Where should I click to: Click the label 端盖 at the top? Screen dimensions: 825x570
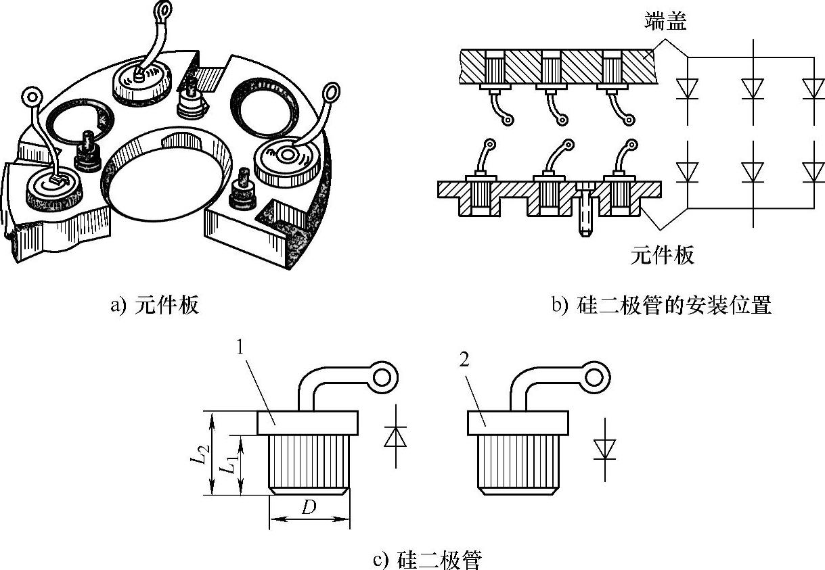665,21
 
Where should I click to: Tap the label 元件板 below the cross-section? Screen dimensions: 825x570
662,255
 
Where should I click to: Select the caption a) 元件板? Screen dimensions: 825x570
155,304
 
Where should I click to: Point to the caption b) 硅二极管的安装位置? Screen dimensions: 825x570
662,304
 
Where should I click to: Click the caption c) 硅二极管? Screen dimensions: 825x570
427,559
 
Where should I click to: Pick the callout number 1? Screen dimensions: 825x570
240,347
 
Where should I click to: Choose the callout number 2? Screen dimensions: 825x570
464,359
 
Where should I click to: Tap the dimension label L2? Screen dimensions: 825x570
200,453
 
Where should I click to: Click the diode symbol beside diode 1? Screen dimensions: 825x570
395,436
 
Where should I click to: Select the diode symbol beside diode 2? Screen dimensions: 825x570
605,450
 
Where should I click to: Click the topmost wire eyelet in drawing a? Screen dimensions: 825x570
164,10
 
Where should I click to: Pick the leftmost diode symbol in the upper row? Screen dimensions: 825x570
687,89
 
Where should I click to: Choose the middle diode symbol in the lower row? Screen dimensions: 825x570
753,172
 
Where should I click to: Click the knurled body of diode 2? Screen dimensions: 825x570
518,462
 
